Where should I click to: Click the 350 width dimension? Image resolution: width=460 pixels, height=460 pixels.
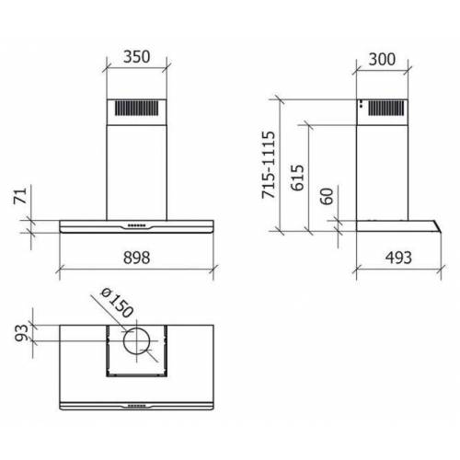(136, 57)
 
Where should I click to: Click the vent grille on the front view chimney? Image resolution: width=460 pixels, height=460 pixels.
(137, 108)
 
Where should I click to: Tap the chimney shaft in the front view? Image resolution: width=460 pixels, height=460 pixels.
(137, 166)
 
